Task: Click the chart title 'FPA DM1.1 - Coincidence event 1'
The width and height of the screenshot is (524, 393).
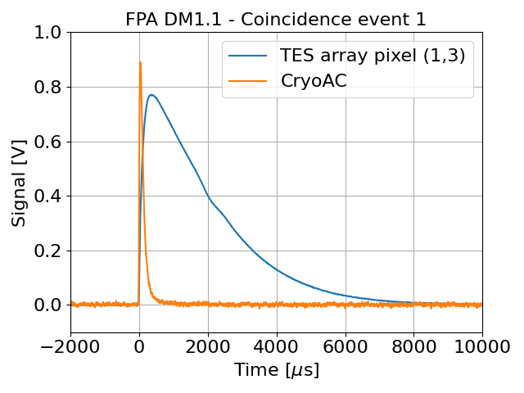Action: tap(276, 19)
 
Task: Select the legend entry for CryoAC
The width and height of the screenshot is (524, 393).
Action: tap(314, 80)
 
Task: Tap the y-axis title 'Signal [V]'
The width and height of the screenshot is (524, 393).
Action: tap(19, 183)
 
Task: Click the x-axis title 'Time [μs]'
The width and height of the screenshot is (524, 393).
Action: tap(276, 370)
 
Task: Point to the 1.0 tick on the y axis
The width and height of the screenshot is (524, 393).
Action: tap(51, 33)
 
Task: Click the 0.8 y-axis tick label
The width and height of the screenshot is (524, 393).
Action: tap(51, 87)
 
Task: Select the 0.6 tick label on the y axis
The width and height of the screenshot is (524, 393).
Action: tap(51, 142)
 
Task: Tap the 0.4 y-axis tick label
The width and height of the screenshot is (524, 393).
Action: tap(51, 196)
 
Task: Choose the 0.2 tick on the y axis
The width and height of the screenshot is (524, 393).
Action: tap(51, 251)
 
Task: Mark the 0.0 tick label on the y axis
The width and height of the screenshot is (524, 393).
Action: tap(51, 305)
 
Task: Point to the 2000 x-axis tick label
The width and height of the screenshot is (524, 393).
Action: tap(208, 346)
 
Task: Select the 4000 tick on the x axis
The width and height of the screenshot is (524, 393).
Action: tap(277, 346)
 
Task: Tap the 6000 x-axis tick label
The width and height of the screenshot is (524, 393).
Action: tap(345, 346)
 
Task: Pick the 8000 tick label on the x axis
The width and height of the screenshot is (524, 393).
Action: tap(413, 346)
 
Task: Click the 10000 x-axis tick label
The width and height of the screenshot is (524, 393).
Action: tap(481, 346)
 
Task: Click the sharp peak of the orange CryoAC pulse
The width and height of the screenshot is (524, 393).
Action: tap(140, 63)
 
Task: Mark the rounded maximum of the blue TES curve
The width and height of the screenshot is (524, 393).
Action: tap(151, 95)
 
